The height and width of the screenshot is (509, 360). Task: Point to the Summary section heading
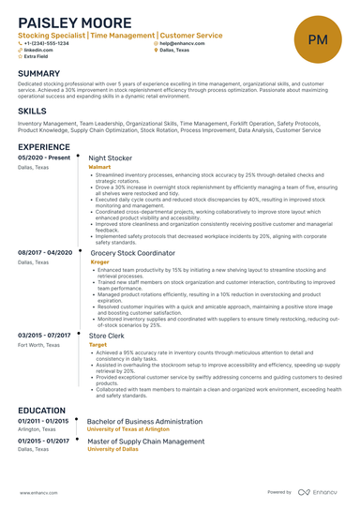pyautogui.click(x=38, y=73)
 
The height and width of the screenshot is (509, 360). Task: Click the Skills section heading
pyautogui.click(x=32, y=111)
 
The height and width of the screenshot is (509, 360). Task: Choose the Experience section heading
pyautogui.click(x=44, y=147)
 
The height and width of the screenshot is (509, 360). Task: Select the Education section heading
pyautogui.click(x=42, y=410)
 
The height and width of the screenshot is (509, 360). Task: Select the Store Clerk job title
pyautogui.click(x=106, y=336)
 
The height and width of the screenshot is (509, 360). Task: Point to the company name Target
pyautogui.click(x=97, y=344)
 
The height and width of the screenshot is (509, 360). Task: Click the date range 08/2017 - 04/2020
pyautogui.click(x=45, y=253)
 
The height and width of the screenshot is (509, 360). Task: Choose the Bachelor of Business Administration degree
pyautogui.click(x=145, y=422)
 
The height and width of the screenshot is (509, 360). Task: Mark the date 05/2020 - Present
pyautogui.click(x=44, y=158)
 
